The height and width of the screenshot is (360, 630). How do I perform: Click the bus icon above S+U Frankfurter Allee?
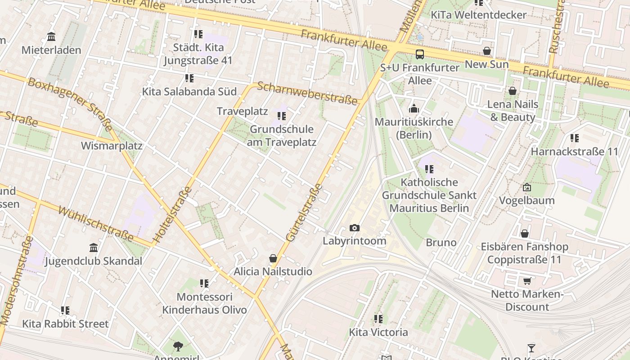point(419,54)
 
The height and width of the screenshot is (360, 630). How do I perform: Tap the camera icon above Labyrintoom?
point(355,228)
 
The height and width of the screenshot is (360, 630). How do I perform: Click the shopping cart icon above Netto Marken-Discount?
point(527,281)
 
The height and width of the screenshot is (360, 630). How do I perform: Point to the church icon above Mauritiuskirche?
point(414,108)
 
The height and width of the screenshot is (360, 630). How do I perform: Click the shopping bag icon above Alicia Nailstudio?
point(273,258)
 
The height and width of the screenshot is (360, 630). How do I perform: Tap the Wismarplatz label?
point(112,146)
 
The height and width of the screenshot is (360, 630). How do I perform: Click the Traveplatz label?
point(242,111)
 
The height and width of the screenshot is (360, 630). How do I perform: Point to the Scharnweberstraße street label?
point(308,92)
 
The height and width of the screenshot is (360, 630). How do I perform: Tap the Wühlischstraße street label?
point(96,224)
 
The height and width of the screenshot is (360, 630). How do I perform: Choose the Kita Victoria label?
point(378,333)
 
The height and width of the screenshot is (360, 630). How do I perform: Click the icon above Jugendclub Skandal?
point(94,247)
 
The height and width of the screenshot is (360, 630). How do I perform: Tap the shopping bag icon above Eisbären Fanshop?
point(524,234)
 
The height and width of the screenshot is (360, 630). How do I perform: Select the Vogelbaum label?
point(526,200)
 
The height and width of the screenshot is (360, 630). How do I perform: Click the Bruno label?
point(441,243)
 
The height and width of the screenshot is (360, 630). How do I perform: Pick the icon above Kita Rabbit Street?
point(65,310)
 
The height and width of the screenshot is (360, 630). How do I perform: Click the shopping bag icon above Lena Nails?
point(512,91)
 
